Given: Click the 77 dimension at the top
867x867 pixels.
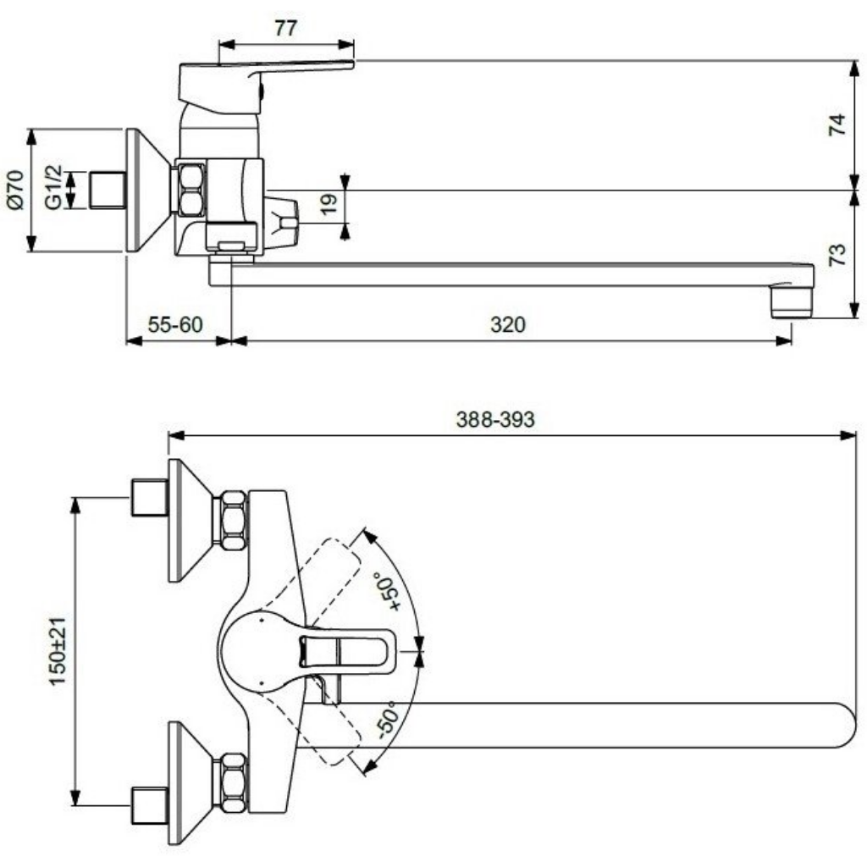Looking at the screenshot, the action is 286,28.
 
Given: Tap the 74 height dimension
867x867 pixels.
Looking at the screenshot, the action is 837,124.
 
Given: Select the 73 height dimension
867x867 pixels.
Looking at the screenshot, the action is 837,254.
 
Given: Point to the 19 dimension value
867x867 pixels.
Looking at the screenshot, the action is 329,204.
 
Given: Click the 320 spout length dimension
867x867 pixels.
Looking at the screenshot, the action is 508,324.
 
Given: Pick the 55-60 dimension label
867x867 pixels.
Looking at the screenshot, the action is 175,324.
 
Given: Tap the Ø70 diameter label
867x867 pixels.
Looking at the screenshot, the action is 15,191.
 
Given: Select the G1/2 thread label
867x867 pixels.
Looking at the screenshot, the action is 53,187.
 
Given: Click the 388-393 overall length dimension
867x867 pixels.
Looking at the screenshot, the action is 495,420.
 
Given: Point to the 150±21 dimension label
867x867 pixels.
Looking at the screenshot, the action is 58,651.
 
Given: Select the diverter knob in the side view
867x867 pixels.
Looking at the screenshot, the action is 282,219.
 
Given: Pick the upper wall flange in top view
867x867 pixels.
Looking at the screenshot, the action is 191,521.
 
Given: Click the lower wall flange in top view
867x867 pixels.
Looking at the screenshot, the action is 191,783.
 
